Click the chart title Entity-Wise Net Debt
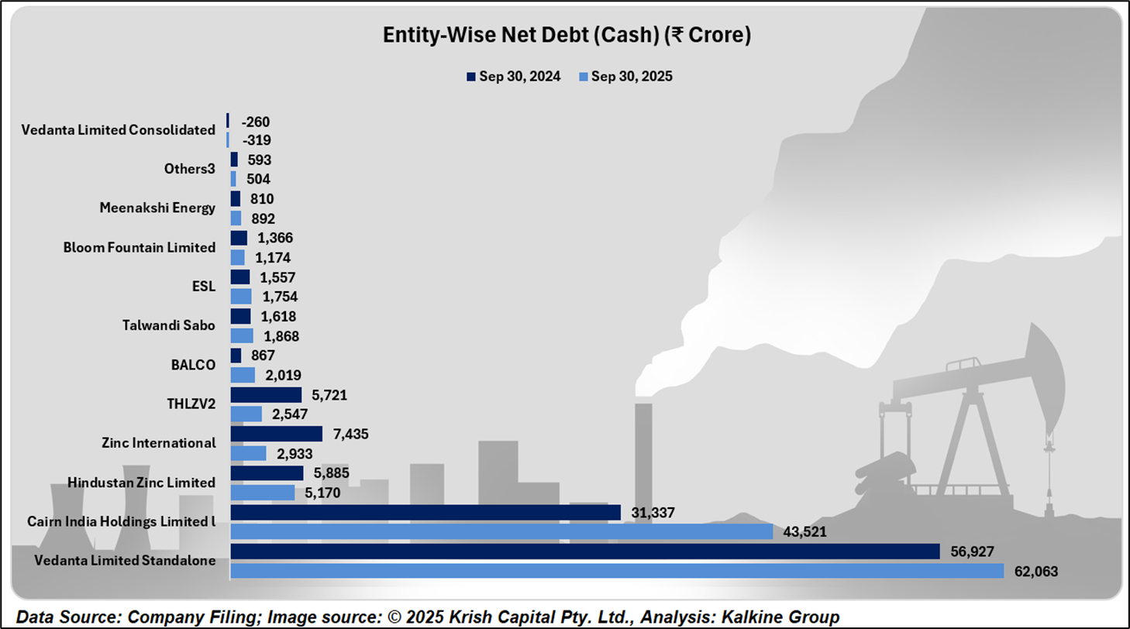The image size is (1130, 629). tap(567, 36)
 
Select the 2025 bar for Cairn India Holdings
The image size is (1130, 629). tap(501, 531)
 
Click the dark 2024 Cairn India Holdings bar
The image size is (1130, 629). tap(425, 512)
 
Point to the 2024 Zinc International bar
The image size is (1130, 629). tap(276, 433)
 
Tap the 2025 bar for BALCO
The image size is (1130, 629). tap(243, 375)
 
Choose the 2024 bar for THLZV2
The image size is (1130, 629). tap(266, 394)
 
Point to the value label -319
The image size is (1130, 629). tap(255, 140)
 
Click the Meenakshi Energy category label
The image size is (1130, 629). tap(157, 208)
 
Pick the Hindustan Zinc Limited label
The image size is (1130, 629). tap(141, 483)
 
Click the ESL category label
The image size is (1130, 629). tap(205, 286)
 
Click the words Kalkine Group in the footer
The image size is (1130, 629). tap(788, 617)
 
